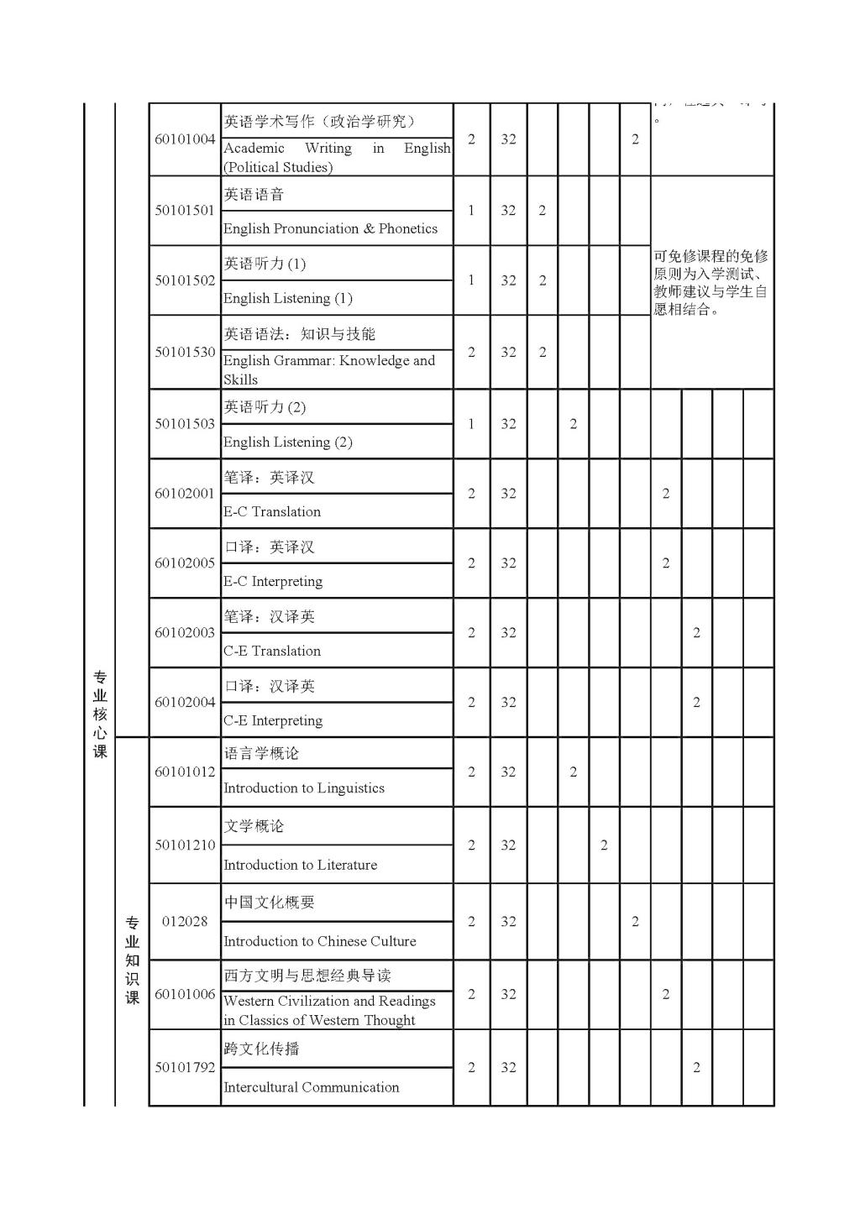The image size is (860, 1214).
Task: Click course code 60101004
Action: tap(185, 139)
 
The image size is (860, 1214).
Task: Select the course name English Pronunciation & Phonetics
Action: tap(330, 228)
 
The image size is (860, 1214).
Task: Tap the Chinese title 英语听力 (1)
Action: tap(265, 264)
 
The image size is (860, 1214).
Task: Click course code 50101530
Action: tap(185, 353)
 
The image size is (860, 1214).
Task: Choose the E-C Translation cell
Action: tap(272, 511)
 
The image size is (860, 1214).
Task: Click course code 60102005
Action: tap(185, 563)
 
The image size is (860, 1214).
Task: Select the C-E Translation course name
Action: tap(272, 651)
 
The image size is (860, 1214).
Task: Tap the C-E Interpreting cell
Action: tap(273, 720)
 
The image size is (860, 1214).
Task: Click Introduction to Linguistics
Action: tap(304, 788)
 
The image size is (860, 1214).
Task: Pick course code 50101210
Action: tap(185, 845)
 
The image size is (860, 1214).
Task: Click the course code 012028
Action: tap(185, 922)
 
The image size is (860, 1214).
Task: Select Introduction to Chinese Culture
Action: tap(320, 941)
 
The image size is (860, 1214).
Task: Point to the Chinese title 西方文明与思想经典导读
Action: tap(307, 976)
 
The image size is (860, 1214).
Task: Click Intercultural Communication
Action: tap(312, 1087)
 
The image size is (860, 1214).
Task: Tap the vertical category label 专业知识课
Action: tap(132, 960)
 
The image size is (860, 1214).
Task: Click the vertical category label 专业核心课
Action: tap(100, 714)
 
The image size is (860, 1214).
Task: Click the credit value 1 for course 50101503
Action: tap(471, 424)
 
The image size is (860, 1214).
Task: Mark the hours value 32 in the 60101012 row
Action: tap(508, 772)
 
